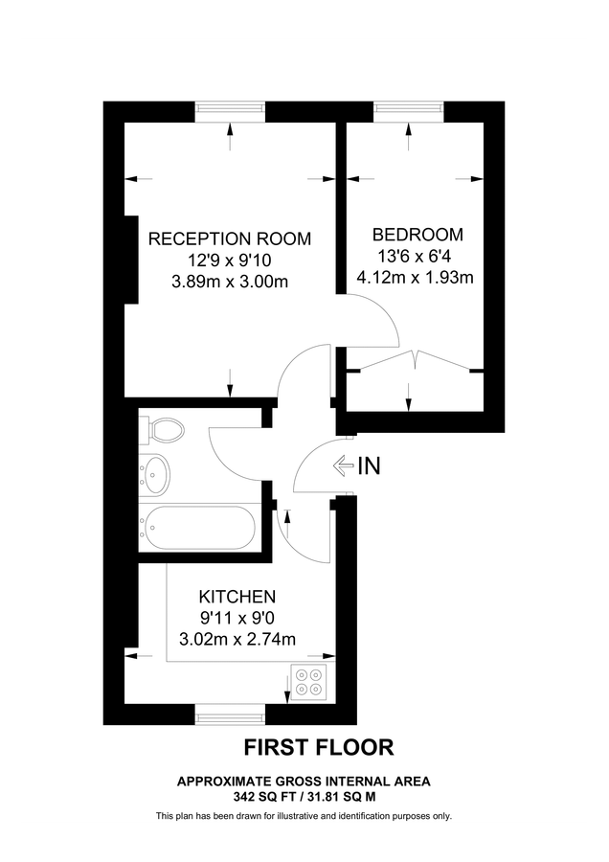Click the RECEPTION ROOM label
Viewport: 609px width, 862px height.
[230, 238]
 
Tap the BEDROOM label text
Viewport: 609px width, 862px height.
[417, 235]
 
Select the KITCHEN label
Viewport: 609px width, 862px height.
[237, 596]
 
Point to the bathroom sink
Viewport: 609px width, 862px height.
[154, 473]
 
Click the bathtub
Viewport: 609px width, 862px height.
[198, 526]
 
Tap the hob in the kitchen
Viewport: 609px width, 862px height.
[309, 681]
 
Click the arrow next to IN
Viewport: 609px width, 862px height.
[343, 466]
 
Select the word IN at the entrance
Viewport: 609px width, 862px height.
[369, 467]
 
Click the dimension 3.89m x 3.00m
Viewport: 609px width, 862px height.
[230, 282]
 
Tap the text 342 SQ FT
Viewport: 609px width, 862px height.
[260, 796]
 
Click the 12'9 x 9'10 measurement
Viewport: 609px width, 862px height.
[230, 261]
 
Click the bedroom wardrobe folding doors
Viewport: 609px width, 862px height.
[414, 363]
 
